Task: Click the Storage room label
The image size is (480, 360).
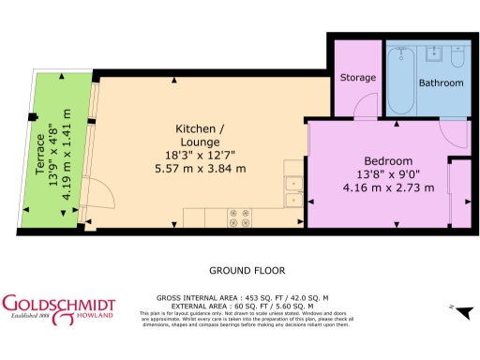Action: [358, 77]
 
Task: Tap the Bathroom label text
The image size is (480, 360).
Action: [441, 82]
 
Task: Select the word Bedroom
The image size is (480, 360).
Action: [388, 160]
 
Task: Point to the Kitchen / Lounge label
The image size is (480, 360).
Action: [200, 134]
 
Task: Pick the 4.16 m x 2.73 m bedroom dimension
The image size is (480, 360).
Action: [388, 187]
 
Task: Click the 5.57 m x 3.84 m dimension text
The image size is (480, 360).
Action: [200, 169]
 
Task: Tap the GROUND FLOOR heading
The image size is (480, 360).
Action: [247, 270]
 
